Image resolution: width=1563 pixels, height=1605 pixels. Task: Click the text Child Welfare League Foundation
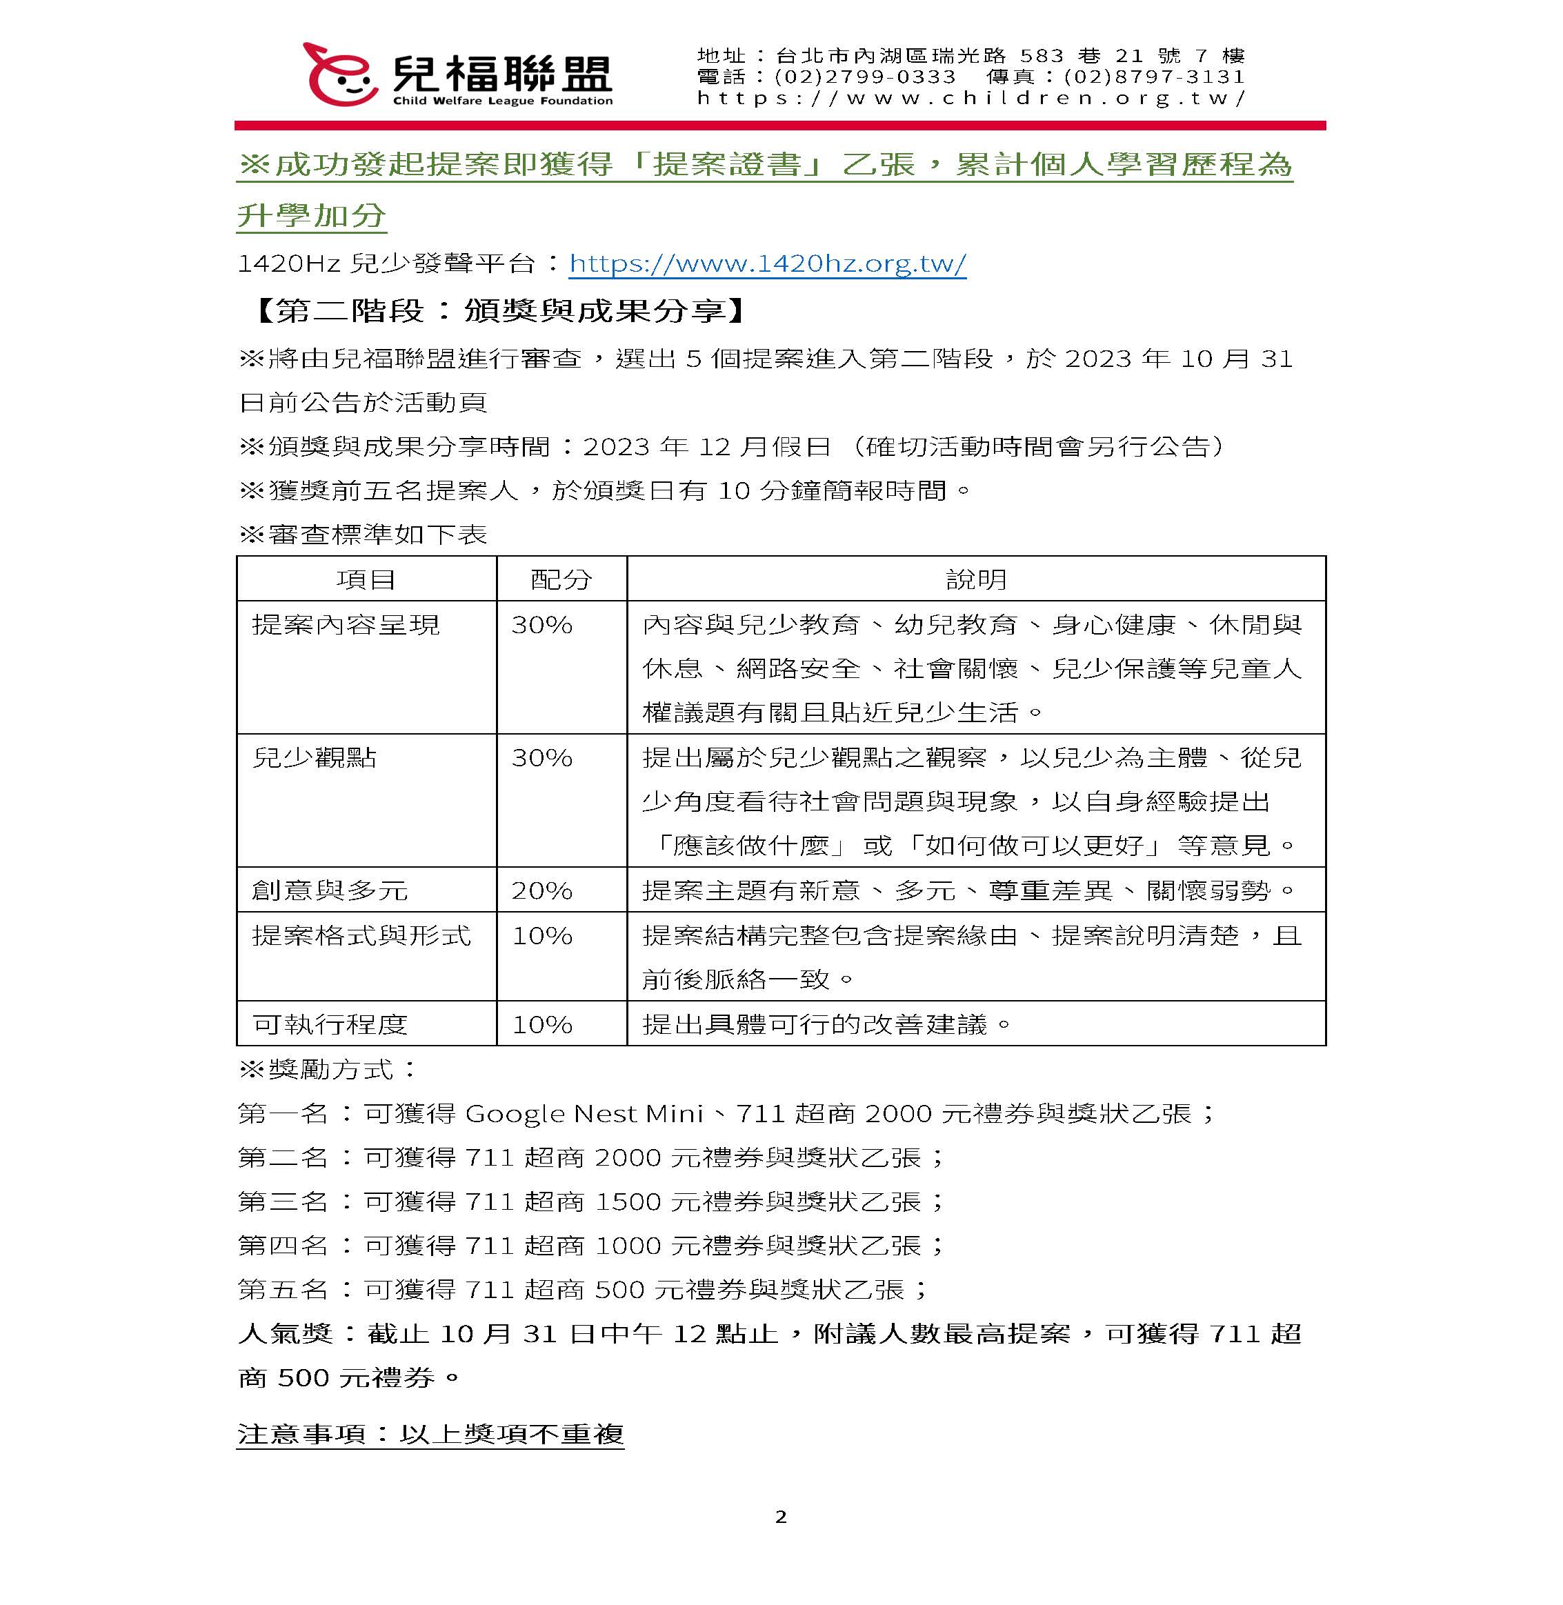tap(502, 101)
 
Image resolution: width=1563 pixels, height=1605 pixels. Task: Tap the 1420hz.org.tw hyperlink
tap(767, 263)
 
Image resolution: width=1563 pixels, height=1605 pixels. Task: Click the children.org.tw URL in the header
tap(970, 99)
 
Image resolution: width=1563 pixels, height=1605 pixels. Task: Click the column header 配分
tap(561, 579)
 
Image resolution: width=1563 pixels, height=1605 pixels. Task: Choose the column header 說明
tap(975, 579)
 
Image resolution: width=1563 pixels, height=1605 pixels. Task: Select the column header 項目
tap(366, 579)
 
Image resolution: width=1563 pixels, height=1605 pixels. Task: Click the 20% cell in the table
tap(541, 890)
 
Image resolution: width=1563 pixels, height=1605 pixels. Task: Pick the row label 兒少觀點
tap(315, 757)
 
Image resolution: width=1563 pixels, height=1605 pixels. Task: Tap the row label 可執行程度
tap(330, 1024)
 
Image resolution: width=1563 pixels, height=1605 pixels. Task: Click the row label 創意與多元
tap(330, 890)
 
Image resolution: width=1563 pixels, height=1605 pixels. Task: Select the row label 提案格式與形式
tap(361, 935)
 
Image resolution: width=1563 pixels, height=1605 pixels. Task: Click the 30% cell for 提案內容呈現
tap(541, 625)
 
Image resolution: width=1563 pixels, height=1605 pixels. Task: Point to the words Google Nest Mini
tap(584, 1113)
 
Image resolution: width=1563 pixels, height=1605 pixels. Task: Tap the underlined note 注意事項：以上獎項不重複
tap(430, 1433)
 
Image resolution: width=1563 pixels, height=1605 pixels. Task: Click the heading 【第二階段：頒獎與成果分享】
tap(499, 310)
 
